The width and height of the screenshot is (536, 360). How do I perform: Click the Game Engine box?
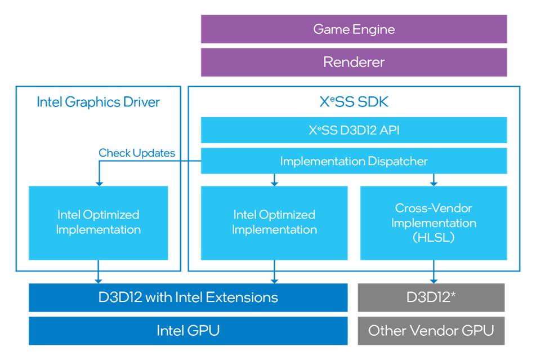click(354, 29)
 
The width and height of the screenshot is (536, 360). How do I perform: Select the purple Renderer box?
click(354, 62)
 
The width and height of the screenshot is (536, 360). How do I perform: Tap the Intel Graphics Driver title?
click(99, 102)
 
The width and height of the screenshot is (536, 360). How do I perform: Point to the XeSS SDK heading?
click(354, 102)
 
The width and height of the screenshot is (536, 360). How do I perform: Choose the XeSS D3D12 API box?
click(354, 130)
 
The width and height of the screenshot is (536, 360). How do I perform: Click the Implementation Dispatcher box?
click(354, 161)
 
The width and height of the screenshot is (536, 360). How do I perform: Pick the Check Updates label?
click(137, 153)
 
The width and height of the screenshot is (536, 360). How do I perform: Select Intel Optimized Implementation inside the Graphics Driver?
click(98, 223)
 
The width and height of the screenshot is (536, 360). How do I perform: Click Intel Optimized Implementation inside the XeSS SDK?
click(274, 223)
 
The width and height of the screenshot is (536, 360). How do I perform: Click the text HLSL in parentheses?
click(434, 238)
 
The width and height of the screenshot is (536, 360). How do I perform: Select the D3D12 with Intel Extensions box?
click(188, 297)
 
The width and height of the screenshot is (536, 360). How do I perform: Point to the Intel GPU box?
click(188, 331)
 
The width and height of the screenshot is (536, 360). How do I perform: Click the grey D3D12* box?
click(431, 297)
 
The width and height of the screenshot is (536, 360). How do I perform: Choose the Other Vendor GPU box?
click(431, 331)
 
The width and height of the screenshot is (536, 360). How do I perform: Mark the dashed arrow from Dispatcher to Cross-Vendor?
click(434, 180)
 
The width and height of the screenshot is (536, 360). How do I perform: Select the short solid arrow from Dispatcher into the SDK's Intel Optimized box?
click(274, 180)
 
